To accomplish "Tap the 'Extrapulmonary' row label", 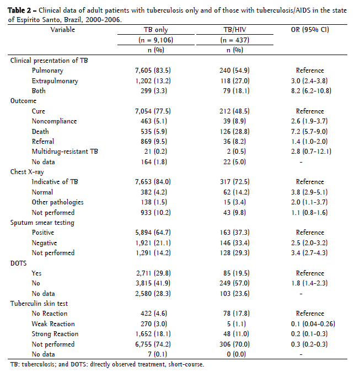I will (55, 81).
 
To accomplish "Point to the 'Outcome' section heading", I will (24, 101).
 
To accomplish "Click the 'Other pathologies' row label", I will (58, 202).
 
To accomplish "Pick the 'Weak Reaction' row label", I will (53, 323).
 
